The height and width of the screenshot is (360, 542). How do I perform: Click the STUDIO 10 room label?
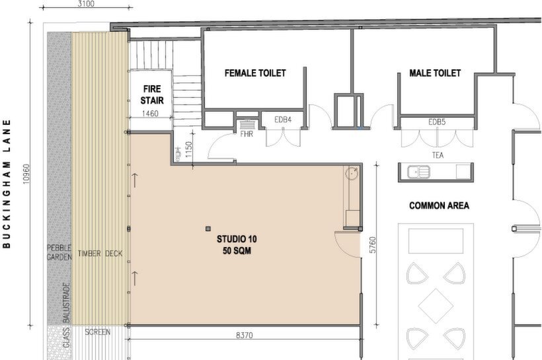237,239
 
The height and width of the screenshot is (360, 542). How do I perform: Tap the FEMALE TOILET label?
255,73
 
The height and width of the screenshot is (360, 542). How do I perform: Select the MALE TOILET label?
435,73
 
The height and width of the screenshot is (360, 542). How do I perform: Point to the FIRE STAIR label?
152,94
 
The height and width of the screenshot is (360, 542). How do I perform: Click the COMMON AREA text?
439,205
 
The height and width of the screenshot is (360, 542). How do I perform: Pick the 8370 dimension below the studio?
245,335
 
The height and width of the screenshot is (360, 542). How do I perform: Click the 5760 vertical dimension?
372,244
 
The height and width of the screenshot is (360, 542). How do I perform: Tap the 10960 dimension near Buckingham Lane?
26,174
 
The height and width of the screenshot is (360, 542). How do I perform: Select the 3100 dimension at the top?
86,4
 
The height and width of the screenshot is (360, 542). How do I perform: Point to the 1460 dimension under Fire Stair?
150,114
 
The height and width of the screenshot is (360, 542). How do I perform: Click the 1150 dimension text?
188,149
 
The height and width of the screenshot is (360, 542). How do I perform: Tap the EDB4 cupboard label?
283,120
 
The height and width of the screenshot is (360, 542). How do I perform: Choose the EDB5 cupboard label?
437,122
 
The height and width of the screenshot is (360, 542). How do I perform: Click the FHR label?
247,133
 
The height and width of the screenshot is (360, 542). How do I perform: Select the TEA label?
438,155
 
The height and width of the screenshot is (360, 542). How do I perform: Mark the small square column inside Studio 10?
208,229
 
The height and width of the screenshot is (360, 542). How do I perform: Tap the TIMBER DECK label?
100,254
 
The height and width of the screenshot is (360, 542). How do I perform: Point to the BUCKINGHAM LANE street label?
7,184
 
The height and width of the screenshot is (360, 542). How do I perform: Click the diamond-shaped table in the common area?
436,306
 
